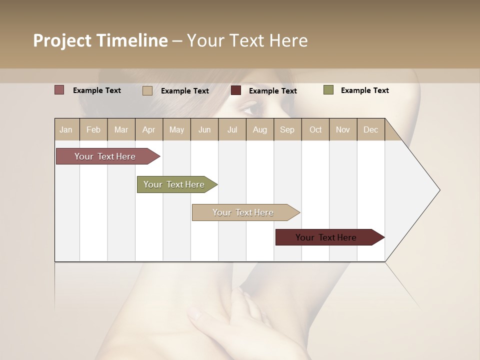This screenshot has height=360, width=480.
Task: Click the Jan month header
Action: (66, 129)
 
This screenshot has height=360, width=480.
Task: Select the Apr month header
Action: (149, 129)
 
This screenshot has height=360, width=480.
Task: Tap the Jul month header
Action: (232, 129)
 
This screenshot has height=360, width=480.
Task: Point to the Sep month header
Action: (287, 129)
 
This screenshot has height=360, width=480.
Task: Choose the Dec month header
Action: (370, 129)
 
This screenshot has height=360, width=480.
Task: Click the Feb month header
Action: (93, 129)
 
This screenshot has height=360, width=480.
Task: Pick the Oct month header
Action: (315, 129)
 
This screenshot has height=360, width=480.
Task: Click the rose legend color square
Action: (59, 90)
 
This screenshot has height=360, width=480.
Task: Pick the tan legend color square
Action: (147, 90)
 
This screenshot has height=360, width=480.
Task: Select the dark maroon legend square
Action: (236, 90)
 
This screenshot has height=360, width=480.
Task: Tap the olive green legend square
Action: (328, 90)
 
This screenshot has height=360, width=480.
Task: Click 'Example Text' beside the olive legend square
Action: (364, 90)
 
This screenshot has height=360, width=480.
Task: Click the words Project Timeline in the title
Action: (100, 40)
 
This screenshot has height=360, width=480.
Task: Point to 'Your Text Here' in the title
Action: (247, 40)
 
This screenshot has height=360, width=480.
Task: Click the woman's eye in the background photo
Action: (251, 107)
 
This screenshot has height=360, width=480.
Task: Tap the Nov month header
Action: (343, 129)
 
